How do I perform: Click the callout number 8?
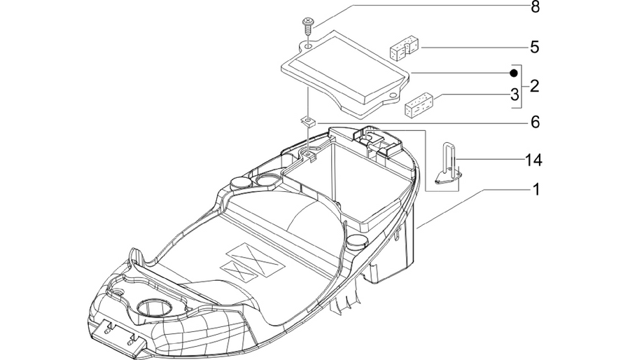click(535, 7)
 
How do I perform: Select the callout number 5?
click(534, 47)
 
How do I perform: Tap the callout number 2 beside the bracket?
click(534, 86)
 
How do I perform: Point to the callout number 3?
click(514, 95)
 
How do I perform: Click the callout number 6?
click(535, 122)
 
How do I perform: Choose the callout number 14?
click(533, 160)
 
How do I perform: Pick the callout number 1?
click(535, 189)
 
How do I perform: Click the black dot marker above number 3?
click(514, 73)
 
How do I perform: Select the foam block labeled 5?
click(404, 48)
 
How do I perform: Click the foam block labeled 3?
click(419, 104)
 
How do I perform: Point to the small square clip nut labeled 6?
click(309, 121)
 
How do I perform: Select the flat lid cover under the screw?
click(346, 75)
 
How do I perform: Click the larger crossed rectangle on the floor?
click(255, 260)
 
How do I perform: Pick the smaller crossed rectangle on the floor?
click(239, 270)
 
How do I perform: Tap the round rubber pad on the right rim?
click(356, 242)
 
